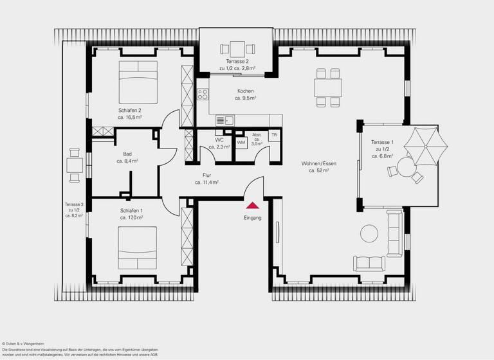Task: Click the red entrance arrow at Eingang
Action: pos(253,205)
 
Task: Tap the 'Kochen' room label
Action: pos(245,91)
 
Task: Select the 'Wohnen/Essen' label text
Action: pos(318,163)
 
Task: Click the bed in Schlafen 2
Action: pos(138,83)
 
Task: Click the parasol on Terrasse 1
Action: pos(424,145)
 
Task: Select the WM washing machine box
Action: pos(241,142)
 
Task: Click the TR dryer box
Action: pos(274,135)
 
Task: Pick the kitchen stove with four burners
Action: pos(203,96)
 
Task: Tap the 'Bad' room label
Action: pos(127,154)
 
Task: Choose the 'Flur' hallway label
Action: pos(206,175)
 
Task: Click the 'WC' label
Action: pos(219,139)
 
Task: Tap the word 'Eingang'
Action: pos(253,218)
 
